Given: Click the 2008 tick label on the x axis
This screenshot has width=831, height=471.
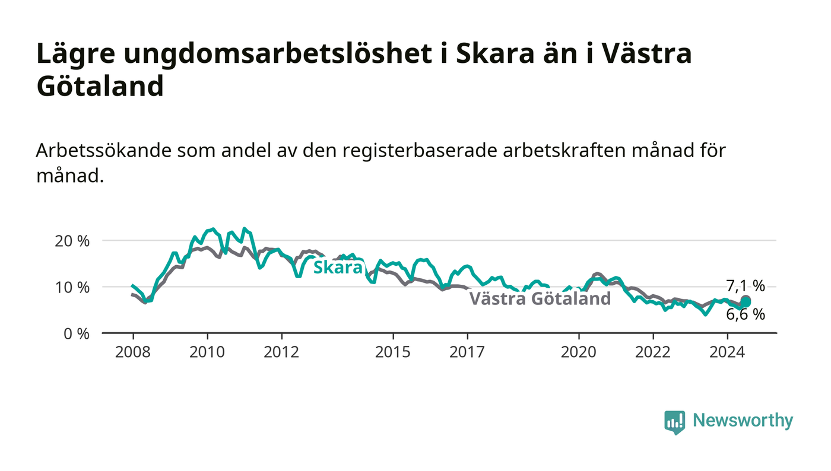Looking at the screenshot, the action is pos(133,352).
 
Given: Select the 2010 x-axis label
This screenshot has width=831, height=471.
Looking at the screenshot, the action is pos(207,352).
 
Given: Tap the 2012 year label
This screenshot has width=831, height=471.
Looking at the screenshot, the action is pos(281,352).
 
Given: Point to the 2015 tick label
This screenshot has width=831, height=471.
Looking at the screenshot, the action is pos(393,352).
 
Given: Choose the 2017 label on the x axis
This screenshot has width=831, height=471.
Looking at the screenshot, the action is pos(467,352).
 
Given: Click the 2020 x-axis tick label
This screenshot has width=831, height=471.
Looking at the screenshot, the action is pos(578,352).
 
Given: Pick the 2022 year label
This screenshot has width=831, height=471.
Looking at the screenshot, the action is pos(653,352).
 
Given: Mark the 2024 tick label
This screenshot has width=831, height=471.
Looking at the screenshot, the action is pos(727,352).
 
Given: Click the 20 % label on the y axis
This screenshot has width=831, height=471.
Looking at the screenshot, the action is pos(72,241).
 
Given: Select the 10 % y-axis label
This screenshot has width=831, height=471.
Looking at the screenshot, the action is pos(72,288).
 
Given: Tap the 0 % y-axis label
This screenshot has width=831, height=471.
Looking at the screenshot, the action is pos(77,334).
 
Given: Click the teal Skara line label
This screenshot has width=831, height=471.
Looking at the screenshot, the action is pos(338,268).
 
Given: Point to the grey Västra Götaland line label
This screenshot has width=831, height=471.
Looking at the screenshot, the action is pos(540,298).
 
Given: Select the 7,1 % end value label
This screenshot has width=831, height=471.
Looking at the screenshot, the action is pos(746,286).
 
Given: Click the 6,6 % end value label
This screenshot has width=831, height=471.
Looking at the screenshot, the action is pos(746,314).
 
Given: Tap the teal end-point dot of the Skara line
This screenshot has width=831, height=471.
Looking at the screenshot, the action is pos(746,303).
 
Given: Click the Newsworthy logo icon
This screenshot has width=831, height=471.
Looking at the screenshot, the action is pos(675,422).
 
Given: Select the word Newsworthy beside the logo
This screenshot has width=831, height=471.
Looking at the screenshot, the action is pos(743,421).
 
